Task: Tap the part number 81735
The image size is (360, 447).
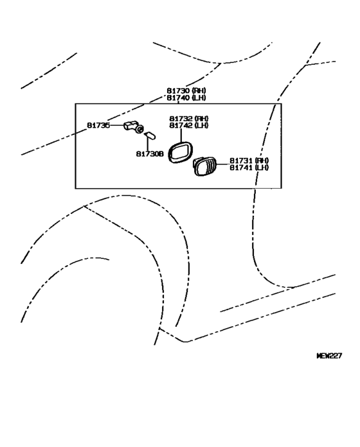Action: click(x=98, y=126)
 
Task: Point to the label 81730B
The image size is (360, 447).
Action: click(x=150, y=154)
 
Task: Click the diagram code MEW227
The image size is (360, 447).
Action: click(x=328, y=355)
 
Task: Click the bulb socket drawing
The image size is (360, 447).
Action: click(x=133, y=127)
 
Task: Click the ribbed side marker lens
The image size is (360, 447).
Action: click(x=204, y=166)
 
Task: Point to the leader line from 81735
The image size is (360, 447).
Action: click(x=117, y=126)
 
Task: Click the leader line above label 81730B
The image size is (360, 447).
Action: click(x=148, y=144)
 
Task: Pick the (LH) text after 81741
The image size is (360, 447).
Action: click(x=262, y=168)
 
